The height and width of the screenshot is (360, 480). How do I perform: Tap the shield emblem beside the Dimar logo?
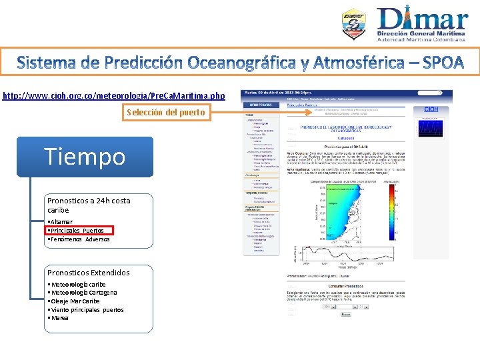click(353, 25)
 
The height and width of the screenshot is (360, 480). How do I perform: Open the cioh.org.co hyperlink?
click(114, 96)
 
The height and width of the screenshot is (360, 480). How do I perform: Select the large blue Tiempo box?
click(85, 157)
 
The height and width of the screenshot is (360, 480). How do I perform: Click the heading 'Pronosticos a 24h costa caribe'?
click(89, 205)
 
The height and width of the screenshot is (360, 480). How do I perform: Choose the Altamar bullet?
click(61, 221)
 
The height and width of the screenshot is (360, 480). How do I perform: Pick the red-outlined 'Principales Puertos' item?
click(79, 231)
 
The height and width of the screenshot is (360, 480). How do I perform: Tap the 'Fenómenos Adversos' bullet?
click(79, 239)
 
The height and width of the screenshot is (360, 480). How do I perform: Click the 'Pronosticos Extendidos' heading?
click(89, 273)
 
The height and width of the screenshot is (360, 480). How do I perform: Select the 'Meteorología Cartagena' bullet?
click(83, 293)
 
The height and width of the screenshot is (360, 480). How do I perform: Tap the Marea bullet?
click(59, 318)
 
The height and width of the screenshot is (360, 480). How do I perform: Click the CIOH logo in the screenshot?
click(431, 109)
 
